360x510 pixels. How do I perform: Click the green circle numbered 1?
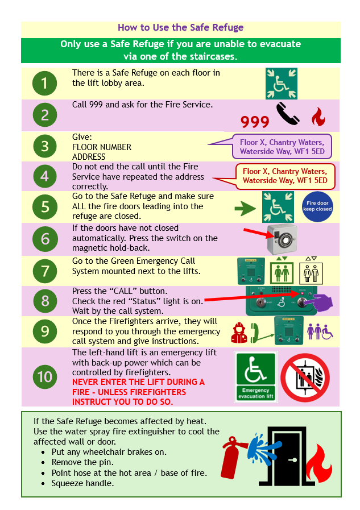click(x=45, y=84)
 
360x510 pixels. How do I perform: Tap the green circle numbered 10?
click(x=45, y=376)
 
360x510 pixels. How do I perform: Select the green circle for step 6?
click(x=45, y=239)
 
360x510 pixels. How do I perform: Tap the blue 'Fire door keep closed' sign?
click(x=317, y=206)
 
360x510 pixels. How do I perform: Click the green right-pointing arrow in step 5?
click(x=245, y=209)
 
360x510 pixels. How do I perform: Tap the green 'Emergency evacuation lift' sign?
click(x=256, y=377)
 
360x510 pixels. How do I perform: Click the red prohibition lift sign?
click(x=305, y=377)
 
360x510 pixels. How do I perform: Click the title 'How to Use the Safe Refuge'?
click(x=180, y=27)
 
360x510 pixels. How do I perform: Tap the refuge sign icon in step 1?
click(x=281, y=84)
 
